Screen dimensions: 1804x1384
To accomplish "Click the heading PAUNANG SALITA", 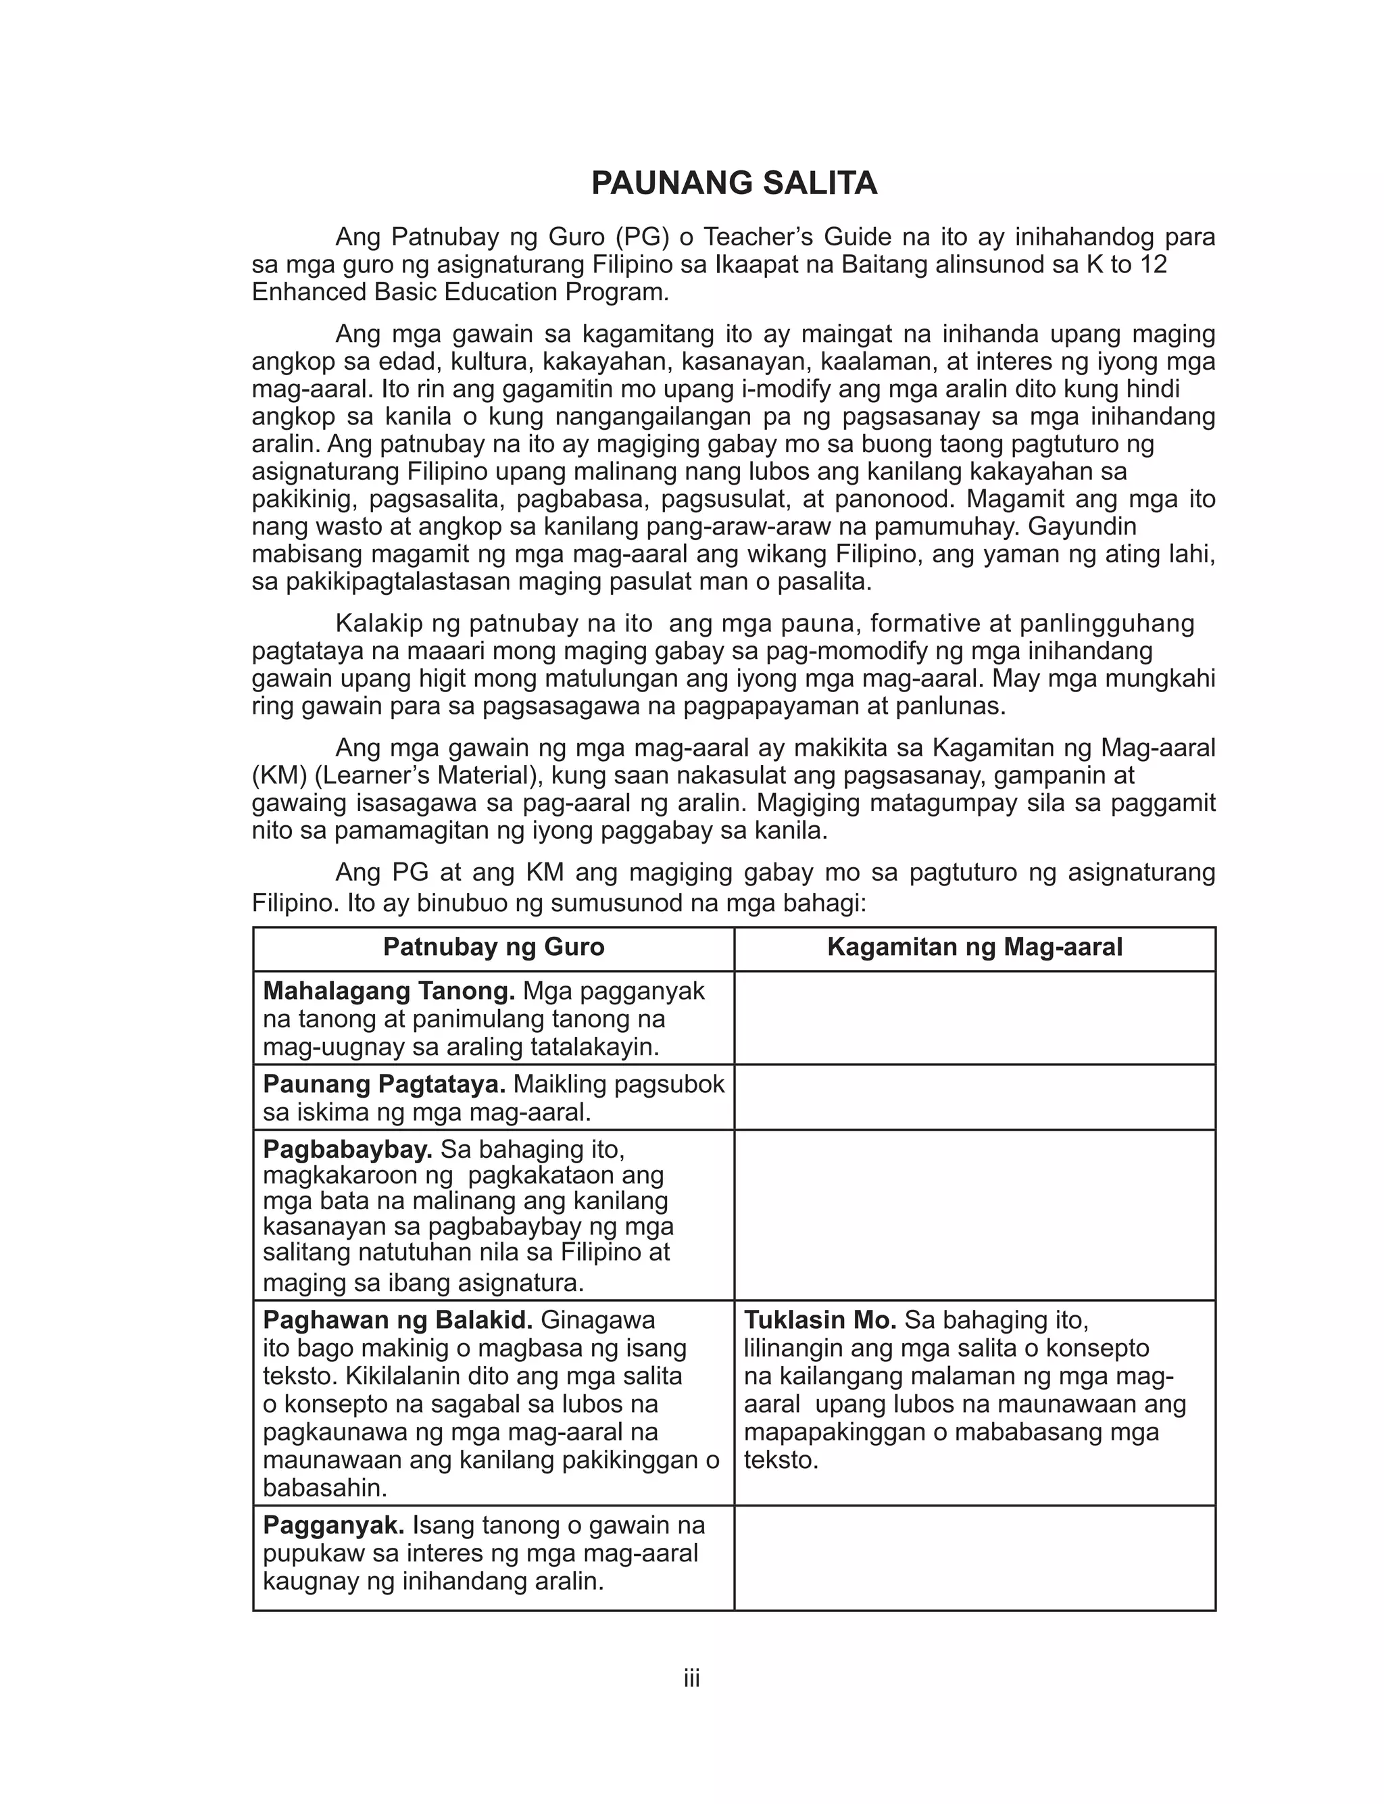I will pyautogui.click(x=734, y=183).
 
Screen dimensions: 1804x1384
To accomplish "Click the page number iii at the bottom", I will pyautogui.click(x=691, y=1678).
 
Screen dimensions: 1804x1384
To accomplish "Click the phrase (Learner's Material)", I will pyautogui.click(x=428, y=775).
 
